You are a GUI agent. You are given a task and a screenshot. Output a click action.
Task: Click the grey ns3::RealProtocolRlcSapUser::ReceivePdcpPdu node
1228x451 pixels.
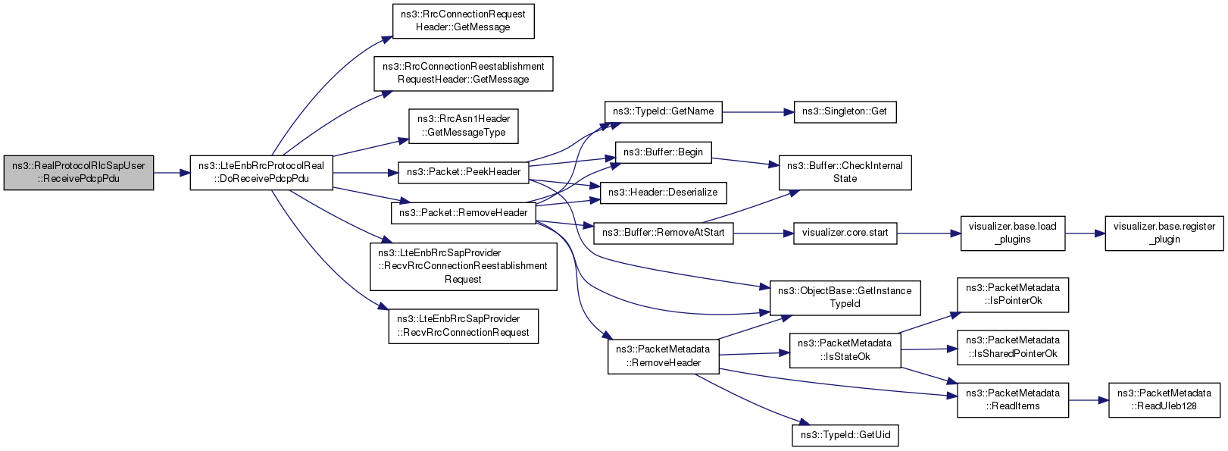click(x=78, y=173)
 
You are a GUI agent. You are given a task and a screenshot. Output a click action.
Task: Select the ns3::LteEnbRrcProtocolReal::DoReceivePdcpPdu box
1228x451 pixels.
click(x=261, y=173)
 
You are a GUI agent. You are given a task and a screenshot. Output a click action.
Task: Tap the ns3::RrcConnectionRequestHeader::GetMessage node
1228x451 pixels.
click(x=463, y=21)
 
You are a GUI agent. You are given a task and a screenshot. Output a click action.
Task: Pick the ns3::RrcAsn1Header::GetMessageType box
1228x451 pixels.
click(x=463, y=126)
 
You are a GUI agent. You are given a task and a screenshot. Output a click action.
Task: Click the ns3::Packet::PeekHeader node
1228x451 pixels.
click(x=463, y=172)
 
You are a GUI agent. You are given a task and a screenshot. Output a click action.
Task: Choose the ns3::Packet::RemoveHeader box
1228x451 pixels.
click(x=463, y=213)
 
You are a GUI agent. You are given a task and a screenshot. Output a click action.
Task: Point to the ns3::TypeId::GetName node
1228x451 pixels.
click(x=664, y=112)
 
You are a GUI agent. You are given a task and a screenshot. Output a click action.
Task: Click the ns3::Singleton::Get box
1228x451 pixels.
click(x=845, y=112)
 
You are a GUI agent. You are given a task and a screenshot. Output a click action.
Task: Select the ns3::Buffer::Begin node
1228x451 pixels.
click(x=664, y=152)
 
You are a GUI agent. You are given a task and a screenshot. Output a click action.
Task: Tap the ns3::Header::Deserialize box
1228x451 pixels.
click(x=664, y=193)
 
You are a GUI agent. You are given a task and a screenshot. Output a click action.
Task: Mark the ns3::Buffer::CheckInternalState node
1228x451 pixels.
click(x=845, y=173)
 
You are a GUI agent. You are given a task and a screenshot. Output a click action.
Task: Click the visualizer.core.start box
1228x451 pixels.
click(x=845, y=233)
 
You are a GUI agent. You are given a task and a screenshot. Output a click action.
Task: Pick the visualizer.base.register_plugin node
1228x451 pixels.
click(x=1164, y=233)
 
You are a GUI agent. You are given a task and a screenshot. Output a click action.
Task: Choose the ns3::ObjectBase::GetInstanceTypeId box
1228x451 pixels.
click(x=845, y=298)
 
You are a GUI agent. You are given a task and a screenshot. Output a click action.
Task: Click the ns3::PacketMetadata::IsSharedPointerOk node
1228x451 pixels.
click(x=1013, y=347)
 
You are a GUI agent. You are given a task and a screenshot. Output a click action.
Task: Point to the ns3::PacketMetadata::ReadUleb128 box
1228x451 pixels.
click(x=1164, y=400)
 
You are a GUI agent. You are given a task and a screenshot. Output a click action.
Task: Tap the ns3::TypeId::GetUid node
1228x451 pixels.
click(x=845, y=436)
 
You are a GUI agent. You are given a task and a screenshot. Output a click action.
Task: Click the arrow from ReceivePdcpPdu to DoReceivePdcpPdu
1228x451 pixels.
click(x=172, y=173)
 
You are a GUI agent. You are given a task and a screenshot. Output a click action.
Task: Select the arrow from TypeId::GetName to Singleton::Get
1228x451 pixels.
click(x=758, y=112)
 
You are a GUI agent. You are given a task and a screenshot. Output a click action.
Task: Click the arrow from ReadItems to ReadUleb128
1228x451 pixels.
click(x=1088, y=400)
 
